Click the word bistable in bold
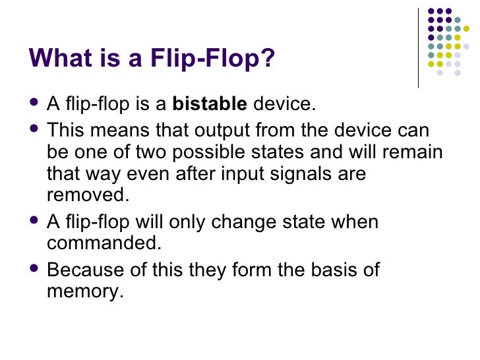pos(210,104)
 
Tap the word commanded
pos(104,243)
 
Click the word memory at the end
pos(85,291)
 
